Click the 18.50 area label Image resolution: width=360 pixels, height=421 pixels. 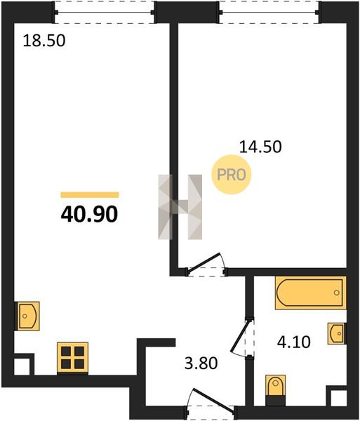44,41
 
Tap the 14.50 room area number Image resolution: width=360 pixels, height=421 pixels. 260,147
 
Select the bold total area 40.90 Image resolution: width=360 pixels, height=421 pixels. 89,215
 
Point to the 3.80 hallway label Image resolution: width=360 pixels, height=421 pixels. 201,363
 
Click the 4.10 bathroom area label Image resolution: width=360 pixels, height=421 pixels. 294,342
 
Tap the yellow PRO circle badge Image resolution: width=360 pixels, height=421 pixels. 232,175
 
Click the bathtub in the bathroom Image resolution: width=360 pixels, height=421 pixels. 310,293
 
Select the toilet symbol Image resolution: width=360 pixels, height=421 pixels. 275,390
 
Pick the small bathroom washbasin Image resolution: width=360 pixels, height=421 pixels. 336,333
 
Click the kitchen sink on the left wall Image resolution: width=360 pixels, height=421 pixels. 27,316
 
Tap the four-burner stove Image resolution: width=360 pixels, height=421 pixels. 72,358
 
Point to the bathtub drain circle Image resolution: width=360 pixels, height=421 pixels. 337,293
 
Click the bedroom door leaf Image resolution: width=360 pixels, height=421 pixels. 205,262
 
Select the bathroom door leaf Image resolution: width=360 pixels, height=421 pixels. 241,335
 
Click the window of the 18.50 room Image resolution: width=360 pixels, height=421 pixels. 104,13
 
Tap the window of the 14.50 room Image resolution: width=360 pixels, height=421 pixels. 269,13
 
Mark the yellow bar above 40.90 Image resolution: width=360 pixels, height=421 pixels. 90,195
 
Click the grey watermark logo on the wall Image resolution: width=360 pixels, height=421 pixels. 180,207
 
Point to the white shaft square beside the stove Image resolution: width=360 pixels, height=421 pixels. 22,367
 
